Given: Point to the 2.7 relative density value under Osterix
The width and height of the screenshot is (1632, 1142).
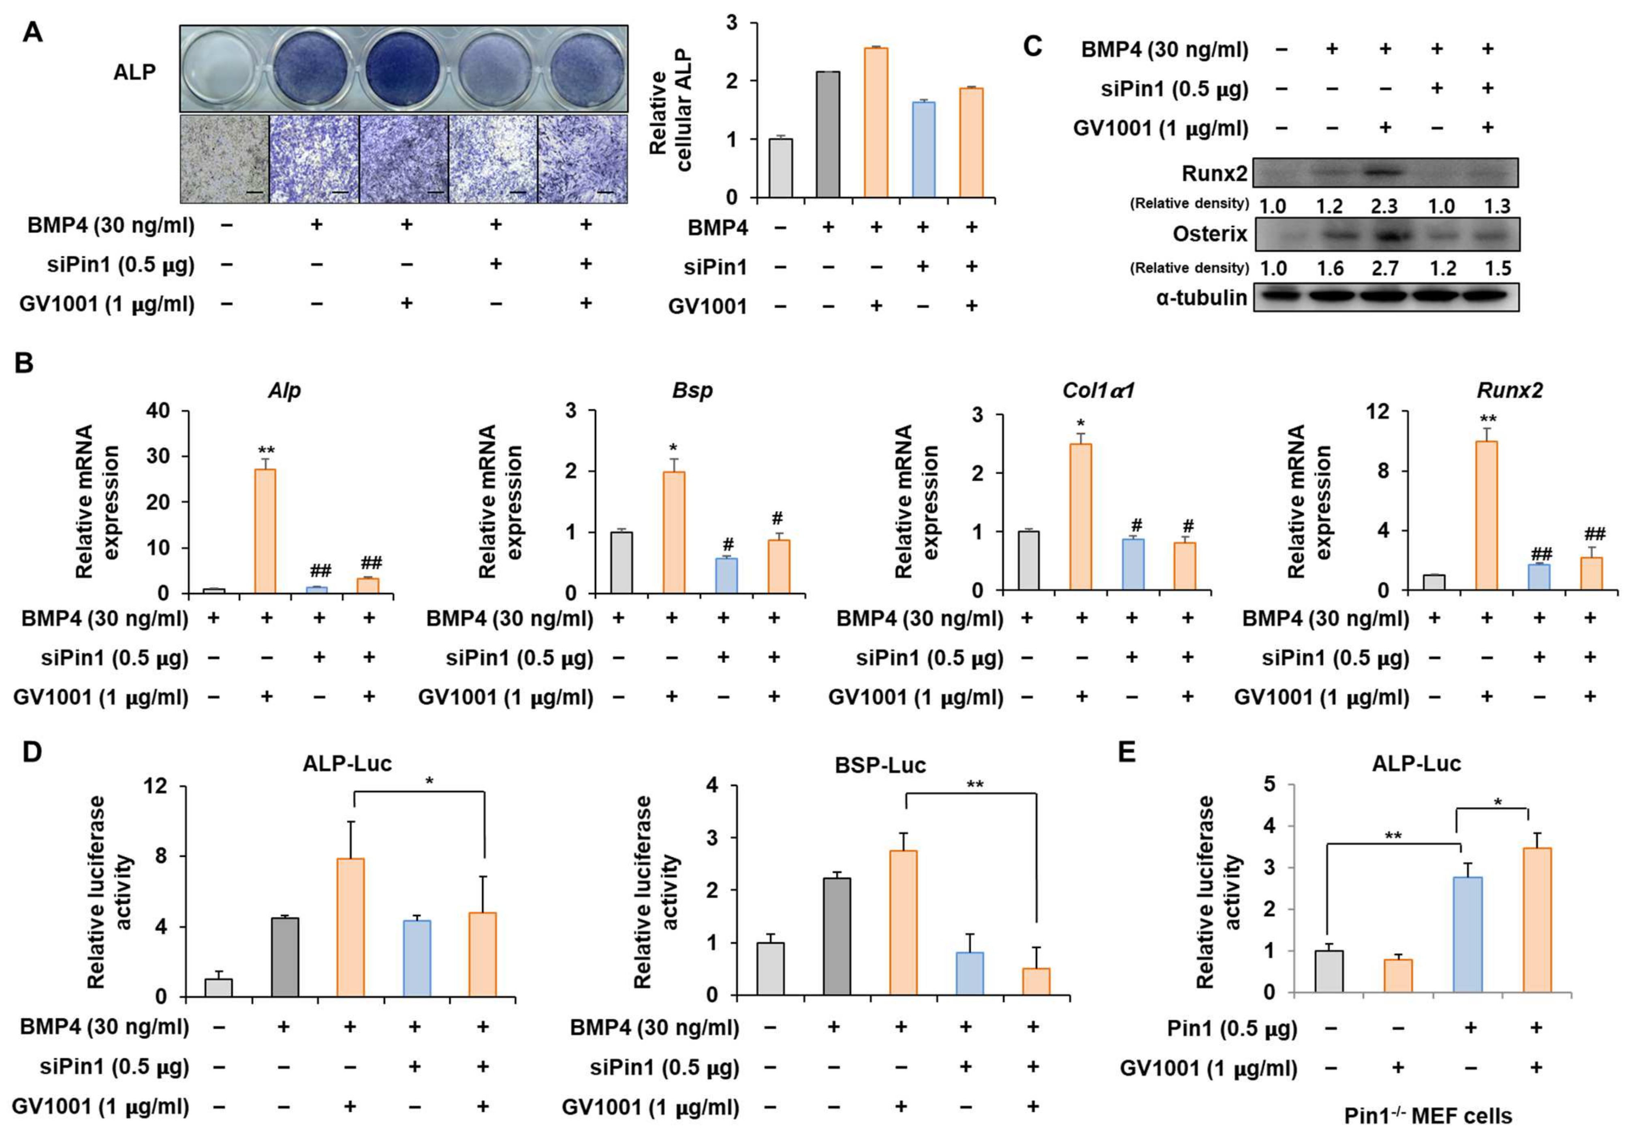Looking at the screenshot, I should (1383, 268).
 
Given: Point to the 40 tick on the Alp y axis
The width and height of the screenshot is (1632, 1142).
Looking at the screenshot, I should (157, 411).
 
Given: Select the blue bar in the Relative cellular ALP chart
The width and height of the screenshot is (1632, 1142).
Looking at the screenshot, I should (923, 149).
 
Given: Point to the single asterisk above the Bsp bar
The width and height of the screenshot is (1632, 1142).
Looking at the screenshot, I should (673, 448).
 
